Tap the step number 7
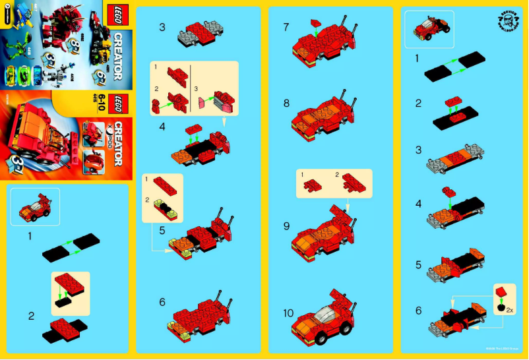coord(286,28)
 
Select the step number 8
coord(286,104)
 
